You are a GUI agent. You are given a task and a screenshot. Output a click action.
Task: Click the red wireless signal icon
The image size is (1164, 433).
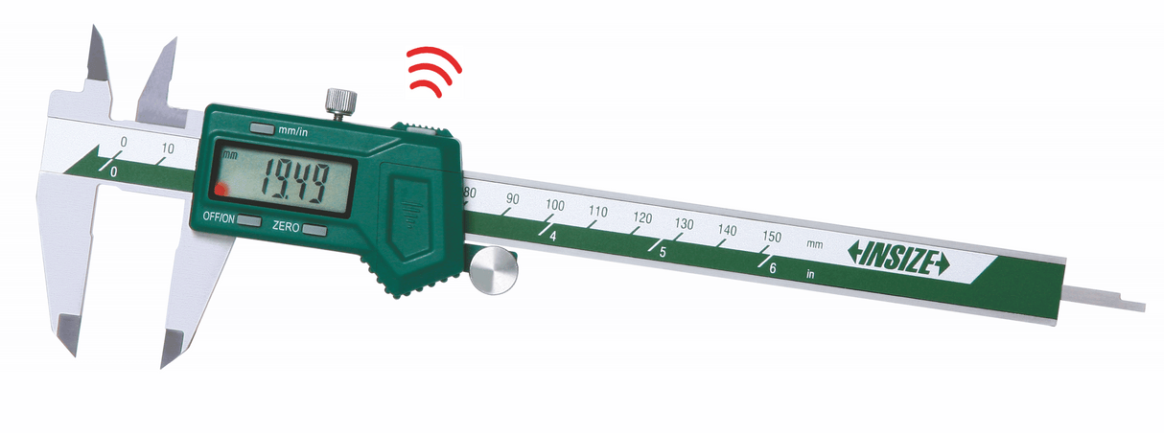(x=433, y=72)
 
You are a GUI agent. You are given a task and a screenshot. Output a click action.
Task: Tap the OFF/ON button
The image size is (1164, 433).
(x=248, y=221)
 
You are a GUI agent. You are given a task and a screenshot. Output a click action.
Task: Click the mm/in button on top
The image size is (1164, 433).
(x=261, y=127)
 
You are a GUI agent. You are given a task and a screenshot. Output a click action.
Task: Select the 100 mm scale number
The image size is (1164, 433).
(x=555, y=205)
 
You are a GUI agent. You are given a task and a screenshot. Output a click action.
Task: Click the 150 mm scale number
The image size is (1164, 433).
(x=770, y=237)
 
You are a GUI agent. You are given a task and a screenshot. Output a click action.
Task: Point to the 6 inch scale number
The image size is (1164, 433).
(x=773, y=268)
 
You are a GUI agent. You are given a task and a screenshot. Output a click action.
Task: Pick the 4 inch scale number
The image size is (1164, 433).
(x=554, y=235)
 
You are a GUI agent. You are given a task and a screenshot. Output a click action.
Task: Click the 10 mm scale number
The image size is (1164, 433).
(x=168, y=148)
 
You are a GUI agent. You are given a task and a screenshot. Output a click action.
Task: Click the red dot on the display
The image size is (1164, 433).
(x=222, y=189)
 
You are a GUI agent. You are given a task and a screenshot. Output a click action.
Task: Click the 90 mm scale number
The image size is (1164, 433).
(x=513, y=199)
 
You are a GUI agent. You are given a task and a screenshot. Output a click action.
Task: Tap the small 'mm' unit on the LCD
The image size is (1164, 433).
(x=228, y=154)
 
